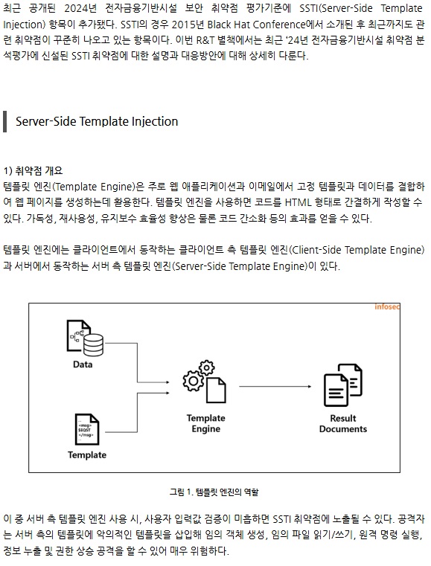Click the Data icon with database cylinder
pos(86,338)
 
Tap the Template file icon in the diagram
pos(87,429)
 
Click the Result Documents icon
pos(343,385)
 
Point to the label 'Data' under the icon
pos(83,364)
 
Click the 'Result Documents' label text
pos(343,423)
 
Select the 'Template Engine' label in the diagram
pos(206,423)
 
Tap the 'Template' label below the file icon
pos(87,455)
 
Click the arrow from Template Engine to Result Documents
pos(275,387)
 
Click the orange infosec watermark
pos(387,307)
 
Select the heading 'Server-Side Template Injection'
pos(97,121)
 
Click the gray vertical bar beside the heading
pos(4,122)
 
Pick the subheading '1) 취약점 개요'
pos(33,170)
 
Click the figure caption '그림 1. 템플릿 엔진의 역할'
pos(214,492)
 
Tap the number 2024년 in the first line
pos(80,8)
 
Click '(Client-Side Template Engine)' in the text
pos(357,250)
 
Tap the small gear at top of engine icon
pos(207,368)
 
